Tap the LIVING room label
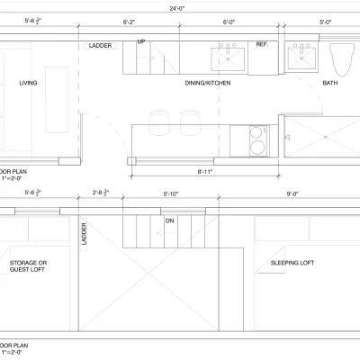(28, 84)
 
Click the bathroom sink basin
(301, 60)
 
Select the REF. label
(262, 44)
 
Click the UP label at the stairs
(141, 42)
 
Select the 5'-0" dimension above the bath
(325, 21)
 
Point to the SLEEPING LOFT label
(292, 264)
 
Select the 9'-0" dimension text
(292, 193)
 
